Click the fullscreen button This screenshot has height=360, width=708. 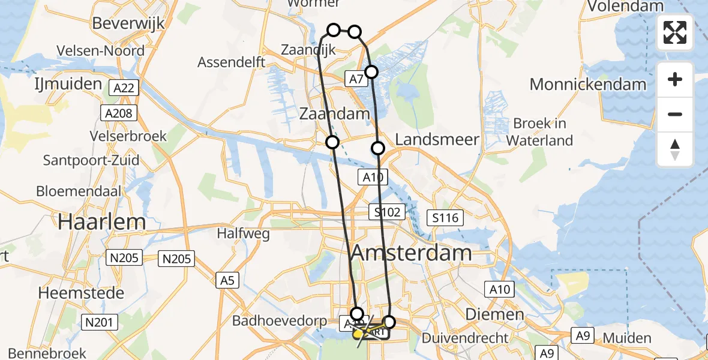pos(675,32)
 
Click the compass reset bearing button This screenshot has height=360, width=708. pos(675,149)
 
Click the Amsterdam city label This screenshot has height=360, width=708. pos(411,253)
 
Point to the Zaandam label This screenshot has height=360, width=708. pos(335,114)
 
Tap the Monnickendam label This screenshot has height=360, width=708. pos(588,84)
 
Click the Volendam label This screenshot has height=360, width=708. pos(626,7)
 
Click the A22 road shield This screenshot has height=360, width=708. pos(124,89)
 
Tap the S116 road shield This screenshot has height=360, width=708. pos(445,217)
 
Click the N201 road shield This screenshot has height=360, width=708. pos(99,323)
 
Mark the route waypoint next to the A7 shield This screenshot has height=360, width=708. pos(371,72)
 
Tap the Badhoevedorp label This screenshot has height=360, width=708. pos(280,320)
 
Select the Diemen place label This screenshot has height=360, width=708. pos(497,314)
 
